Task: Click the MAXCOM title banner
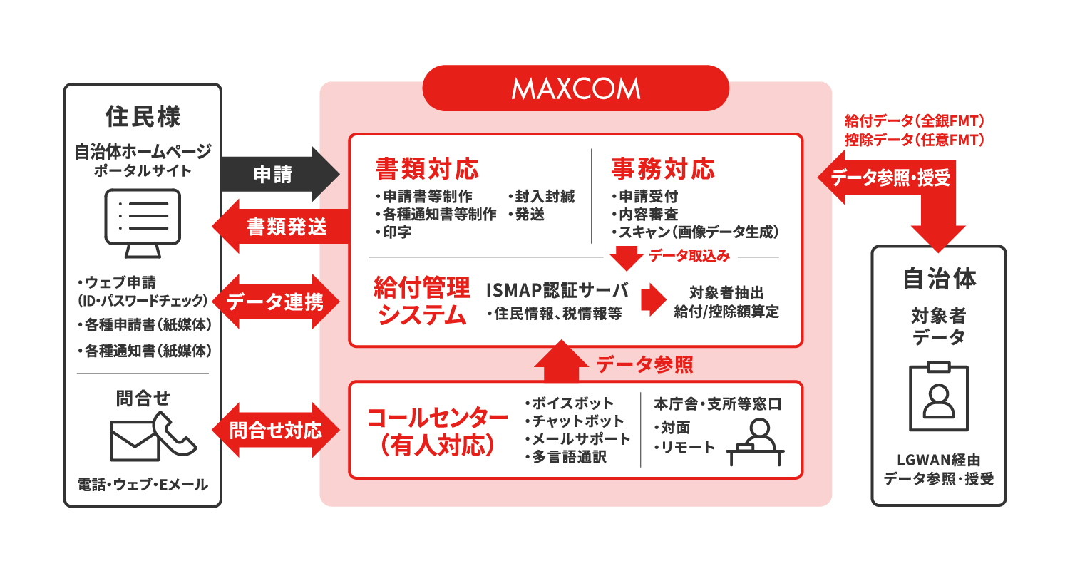[575, 88]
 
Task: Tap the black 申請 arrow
[278, 174]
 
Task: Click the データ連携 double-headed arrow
[275, 302]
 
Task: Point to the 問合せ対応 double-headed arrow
[275, 430]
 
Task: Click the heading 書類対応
[427, 169]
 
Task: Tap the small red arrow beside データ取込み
[627, 257]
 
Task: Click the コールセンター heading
[437, 418]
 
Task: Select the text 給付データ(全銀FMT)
[915, 120]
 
